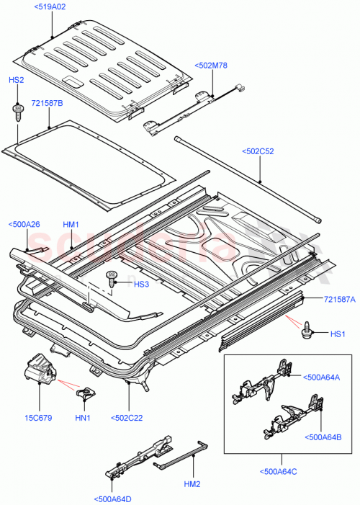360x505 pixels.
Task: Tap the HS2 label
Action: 16,81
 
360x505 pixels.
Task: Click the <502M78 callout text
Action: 210,66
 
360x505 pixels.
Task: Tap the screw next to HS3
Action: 112,277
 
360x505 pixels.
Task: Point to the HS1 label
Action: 338,334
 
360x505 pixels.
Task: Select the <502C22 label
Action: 128,417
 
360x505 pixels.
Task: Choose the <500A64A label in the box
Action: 322,376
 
